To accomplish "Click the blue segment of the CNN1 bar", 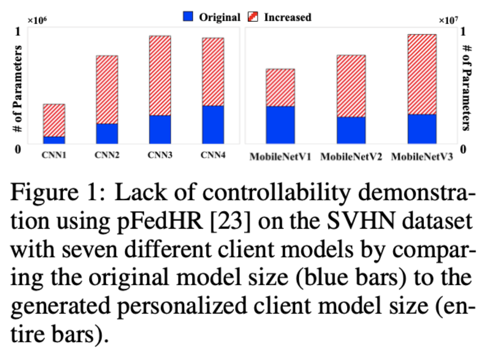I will pos(54,140).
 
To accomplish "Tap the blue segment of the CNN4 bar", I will pos(213,124).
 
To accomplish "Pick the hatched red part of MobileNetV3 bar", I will pos(422,74).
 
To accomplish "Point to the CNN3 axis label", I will pos(160,156).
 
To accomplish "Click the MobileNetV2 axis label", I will pos(351,157).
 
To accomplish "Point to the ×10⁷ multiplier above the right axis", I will pos(448,20).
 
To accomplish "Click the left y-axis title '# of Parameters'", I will pos(19,88).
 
